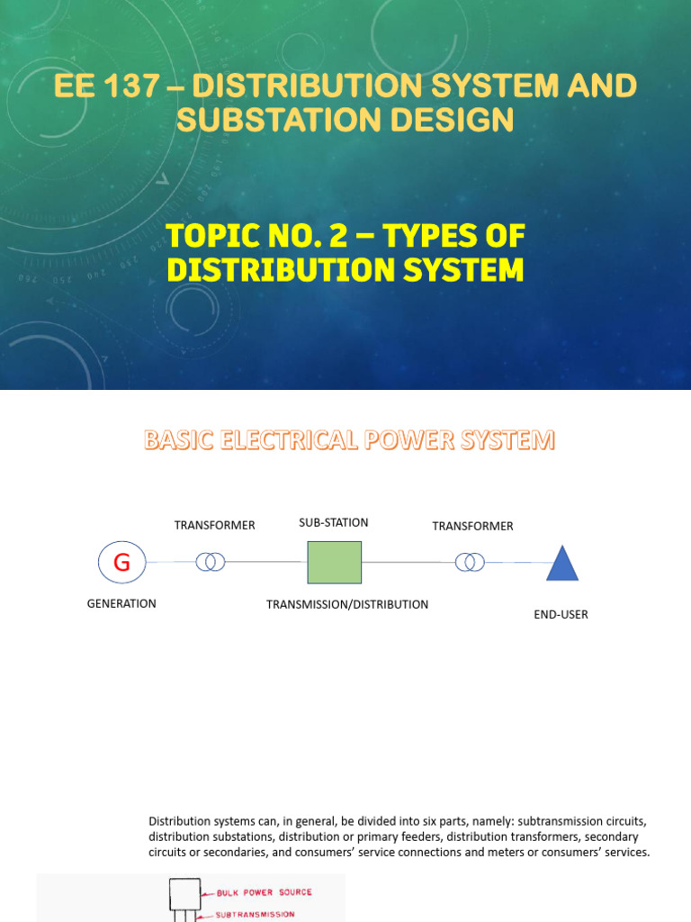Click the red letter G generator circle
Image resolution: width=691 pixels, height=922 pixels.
click(x=121, y=563)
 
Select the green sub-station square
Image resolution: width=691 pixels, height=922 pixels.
click(x=334, y=563)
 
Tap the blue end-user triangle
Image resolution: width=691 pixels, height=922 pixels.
click(x=562, y=564)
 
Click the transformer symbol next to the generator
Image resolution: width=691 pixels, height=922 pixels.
click(x=211, y=563)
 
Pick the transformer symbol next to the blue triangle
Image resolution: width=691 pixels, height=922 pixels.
click(x=469, y=563)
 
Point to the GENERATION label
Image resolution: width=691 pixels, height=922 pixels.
click(x=121, y=603)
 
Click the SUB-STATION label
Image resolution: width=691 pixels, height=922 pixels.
click(x=334, y=522)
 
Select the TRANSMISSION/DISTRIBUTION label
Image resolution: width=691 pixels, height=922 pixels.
click(x=347, y=604)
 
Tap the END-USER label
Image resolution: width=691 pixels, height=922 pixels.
click(x=561, y=614)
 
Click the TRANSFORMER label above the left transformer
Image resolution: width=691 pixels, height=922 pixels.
click(x=215, y=525)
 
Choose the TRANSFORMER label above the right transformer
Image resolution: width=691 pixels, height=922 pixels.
click(x=472, y=526)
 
